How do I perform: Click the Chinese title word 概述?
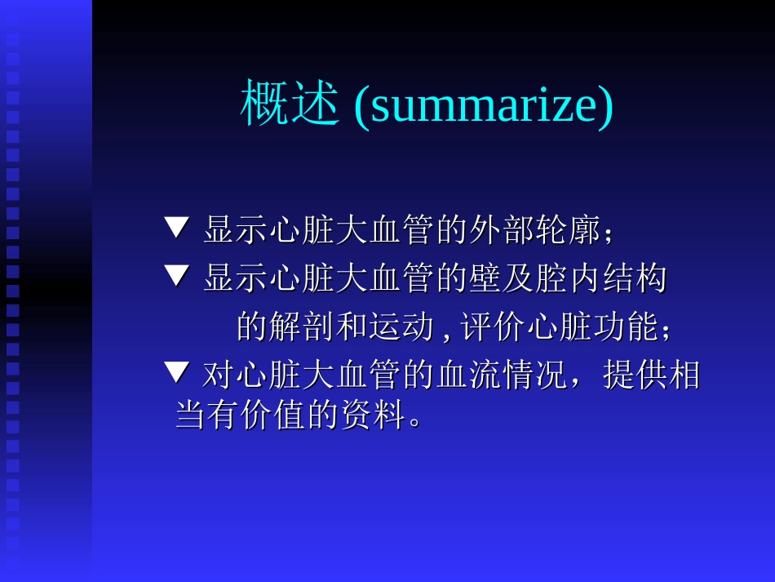[289, 104]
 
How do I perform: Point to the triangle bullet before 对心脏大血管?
[176, 373]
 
